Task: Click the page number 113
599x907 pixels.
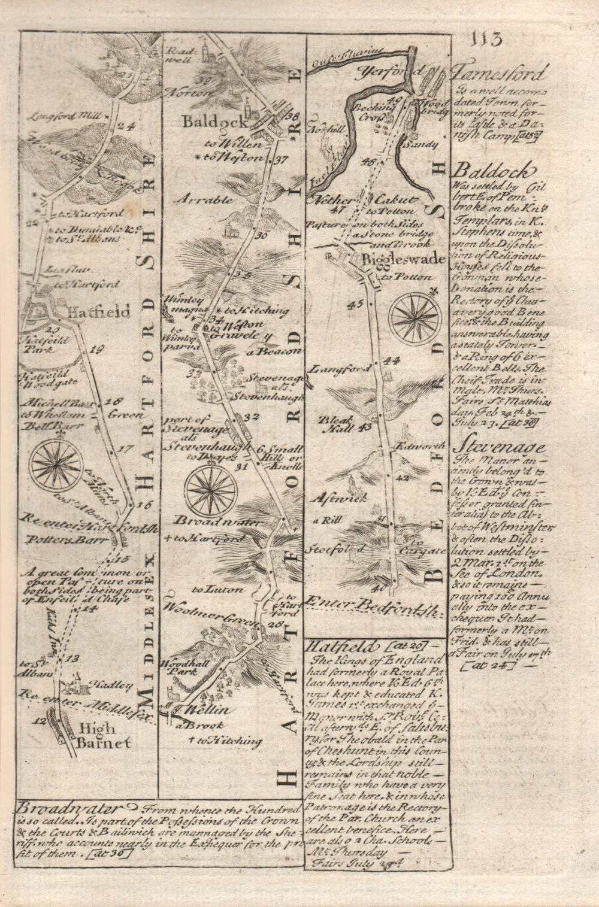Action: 486,40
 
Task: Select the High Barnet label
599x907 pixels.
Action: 102,736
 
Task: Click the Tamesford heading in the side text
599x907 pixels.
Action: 499,75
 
